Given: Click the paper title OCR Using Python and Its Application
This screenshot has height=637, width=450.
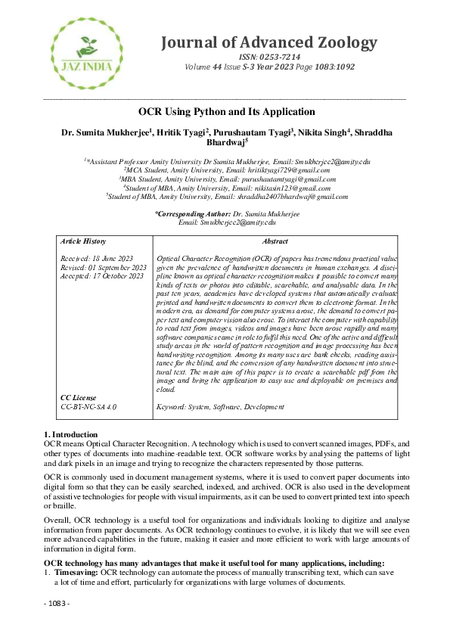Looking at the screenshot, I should pyautogui.click(x=226, y=112).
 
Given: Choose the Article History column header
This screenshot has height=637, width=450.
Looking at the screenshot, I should pyautogui.click(x=83, y=241).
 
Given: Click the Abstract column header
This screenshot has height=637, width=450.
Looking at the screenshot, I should pyautogui.click(x=275, y=241).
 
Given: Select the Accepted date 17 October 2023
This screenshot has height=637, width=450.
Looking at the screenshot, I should pyautogui.click(x=101, y=276).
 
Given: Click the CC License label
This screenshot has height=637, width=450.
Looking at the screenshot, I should pyautogui.click(x=79, y=397).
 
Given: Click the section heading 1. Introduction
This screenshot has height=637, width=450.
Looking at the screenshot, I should pyautogui.click(x=70, y=434).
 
